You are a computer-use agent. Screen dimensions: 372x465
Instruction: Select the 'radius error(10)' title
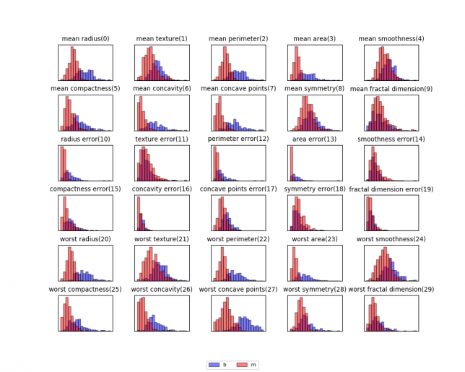[x=85, y=139]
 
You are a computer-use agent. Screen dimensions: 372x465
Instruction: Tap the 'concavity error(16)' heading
[x=162, y=189]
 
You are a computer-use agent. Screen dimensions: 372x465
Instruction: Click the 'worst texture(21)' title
[x=162, y=238]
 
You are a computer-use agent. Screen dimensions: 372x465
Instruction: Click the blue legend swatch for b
[x=214, y=365]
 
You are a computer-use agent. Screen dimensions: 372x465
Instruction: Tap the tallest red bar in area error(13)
[x=291, y=163]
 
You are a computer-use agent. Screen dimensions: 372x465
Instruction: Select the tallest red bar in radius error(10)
[x=63, y=163]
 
